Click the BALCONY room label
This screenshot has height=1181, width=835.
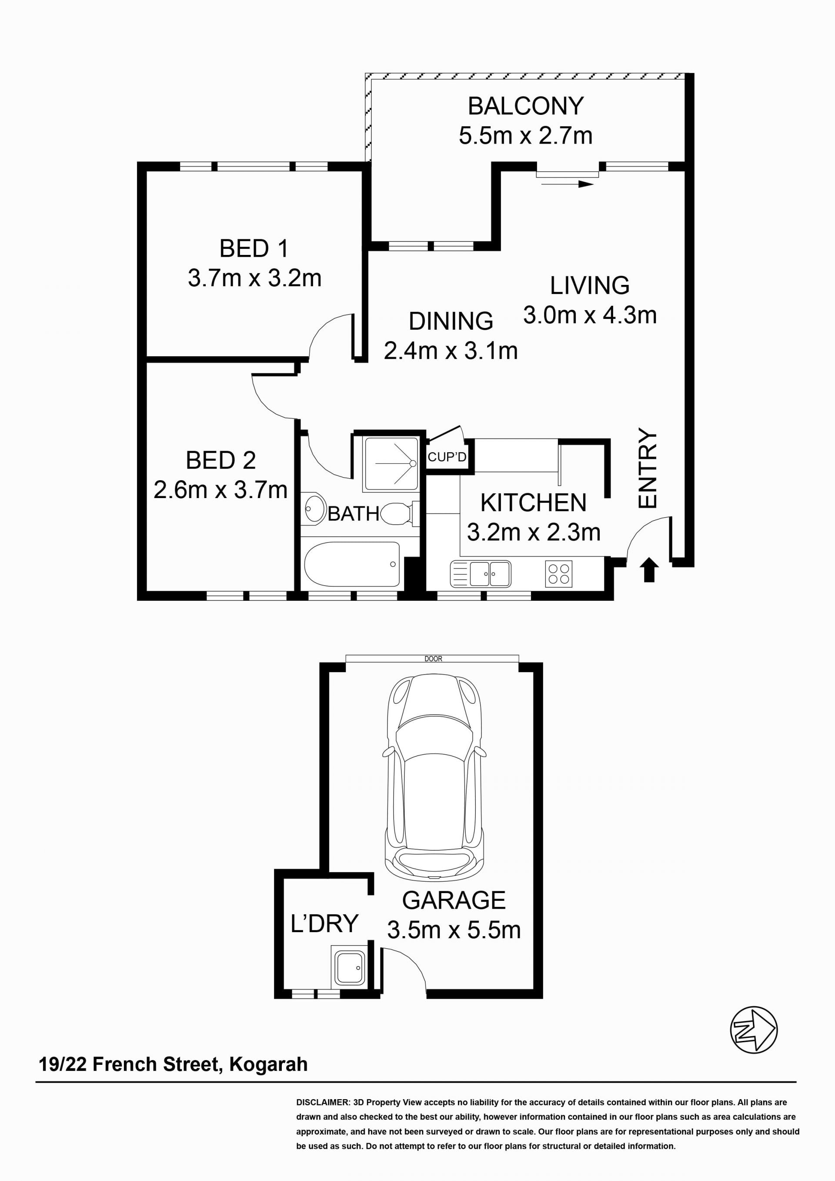pos(525,106)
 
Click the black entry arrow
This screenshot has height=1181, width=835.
pos(649,570)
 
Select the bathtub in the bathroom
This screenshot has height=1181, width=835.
pos(352,564)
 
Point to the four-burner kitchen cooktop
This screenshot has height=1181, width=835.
pos(558,573)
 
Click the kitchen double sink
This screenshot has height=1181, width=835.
pos(481,573)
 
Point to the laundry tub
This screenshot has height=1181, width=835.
pos(349,967)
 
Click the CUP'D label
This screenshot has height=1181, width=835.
pos(447,457)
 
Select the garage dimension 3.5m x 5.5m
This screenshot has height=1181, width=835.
pos(454,930)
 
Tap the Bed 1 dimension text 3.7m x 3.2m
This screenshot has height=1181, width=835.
pos(254,278)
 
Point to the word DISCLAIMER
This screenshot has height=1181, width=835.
pos(323,1102)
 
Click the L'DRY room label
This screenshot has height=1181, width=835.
pos(324,923)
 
